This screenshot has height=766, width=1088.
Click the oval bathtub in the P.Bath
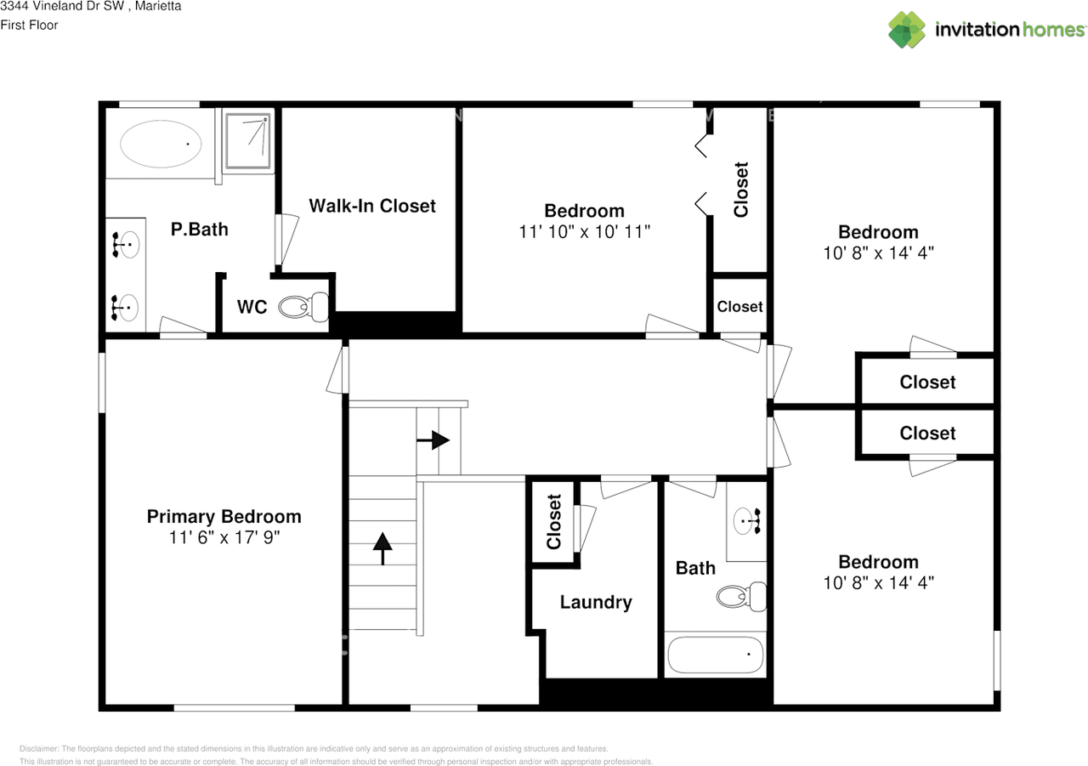coord(161,144)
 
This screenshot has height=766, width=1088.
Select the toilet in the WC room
coord(303,306)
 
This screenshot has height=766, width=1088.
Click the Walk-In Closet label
coord(371,206)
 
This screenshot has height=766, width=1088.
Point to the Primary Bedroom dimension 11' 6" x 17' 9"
coord(224,537)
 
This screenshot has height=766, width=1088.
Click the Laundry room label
coord(596,602)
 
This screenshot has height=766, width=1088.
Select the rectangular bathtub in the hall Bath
coord(715,655)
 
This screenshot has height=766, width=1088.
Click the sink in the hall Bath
coord(747,521)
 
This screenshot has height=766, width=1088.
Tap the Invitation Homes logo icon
coord(908,29)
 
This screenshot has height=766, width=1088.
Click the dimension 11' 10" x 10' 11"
coord(584,231)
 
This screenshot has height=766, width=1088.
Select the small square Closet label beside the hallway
coord(739,306)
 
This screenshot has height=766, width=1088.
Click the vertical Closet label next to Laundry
coord(554,521)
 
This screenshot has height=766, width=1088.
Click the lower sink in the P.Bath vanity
coord(127,307)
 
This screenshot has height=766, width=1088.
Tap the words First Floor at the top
coord(29,25)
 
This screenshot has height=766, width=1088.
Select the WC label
coord(252,307)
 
